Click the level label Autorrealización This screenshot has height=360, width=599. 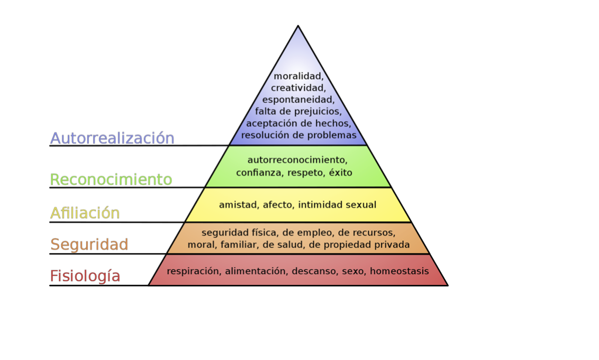[112, 138]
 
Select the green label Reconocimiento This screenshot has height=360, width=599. [111, 180]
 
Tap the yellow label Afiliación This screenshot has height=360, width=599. [85, 213]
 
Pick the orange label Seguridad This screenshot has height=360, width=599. [89, 245]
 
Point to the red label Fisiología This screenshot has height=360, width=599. [85, 276]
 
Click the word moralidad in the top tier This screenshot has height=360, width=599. [298, 76]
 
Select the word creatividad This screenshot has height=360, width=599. [298, 88]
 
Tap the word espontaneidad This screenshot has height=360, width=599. [298, 100]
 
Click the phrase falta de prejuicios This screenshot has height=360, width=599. [298, 111]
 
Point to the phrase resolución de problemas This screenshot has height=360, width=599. [298, 135]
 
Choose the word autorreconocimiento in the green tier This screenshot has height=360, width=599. [297, 159]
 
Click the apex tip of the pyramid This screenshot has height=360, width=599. [298, 26]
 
